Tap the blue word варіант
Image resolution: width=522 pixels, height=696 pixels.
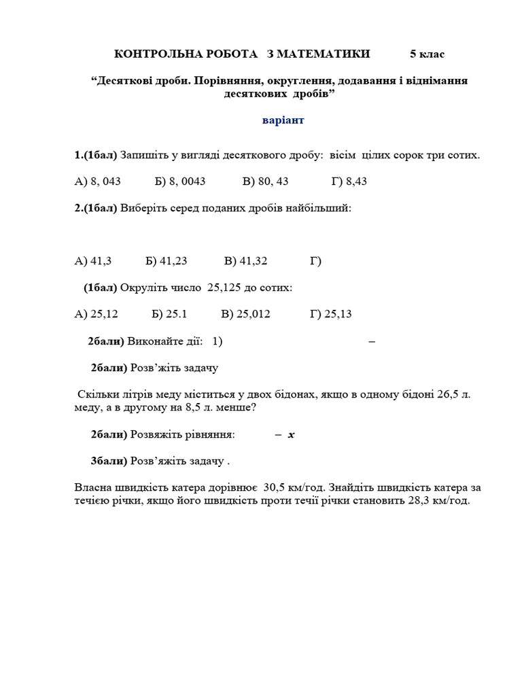pyautogui.click(x=283, y=120)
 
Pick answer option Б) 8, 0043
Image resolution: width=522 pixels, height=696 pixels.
pyautogui.click(x=180, y=181)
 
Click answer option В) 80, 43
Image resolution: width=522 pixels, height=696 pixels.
pyautogui.click(x=265, y=181)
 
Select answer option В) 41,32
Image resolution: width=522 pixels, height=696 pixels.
pyautogui.click(x=245, y=261)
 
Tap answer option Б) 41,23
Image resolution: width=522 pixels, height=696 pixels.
pyautogui.click(x=166, y=261)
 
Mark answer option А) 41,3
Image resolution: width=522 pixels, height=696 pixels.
pyautogui.click(x=93, y=261)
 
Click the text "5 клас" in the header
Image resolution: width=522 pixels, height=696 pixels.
pyautogui.click(x=427, y=54)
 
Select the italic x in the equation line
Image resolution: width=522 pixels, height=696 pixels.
pyautogui.click(x=291, y=434)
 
